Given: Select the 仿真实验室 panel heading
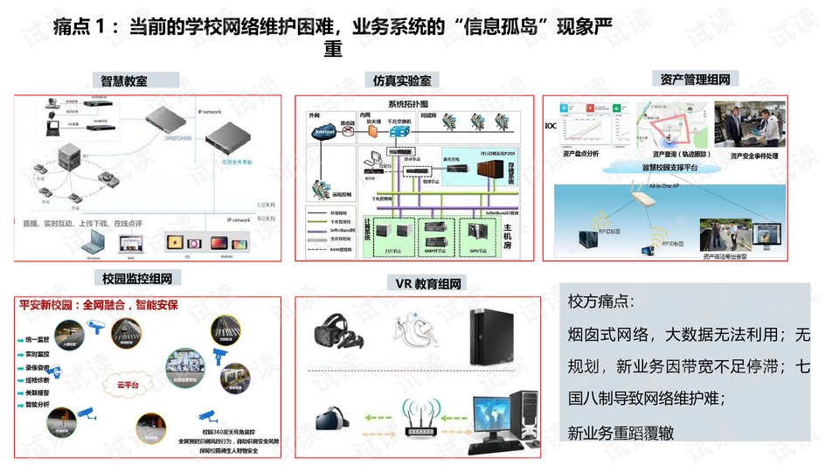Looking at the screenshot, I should pos(401,80).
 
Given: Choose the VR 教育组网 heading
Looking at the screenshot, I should pos(427,283).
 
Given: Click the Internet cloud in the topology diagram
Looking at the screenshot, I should pos(324,131).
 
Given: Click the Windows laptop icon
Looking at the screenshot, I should pos(94,244).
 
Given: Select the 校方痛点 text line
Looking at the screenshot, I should pos(603,302).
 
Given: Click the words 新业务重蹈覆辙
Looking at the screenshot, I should pos(621,433).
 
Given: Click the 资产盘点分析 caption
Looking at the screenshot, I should pos(581,154).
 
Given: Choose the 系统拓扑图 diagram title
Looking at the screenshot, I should pos(406,104).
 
